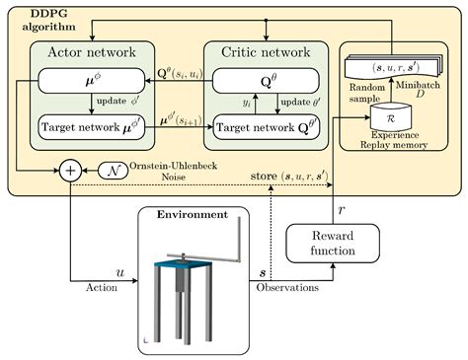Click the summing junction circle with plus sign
tap(70, 171)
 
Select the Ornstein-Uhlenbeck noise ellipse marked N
tap(115, 170)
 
